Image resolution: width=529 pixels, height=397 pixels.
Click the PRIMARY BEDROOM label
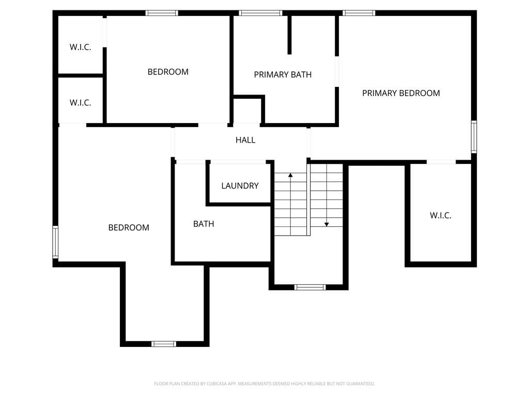(x=401, y=93)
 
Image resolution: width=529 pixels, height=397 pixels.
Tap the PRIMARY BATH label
(x=283, y=74)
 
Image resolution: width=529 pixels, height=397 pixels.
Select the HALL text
(x=245, y=140)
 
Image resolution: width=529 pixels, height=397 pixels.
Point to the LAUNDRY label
(x=240, y=186)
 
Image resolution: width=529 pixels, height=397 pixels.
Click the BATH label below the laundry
(x=204, y=224)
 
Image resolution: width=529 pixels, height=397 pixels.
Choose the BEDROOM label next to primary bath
(x=168, y=72)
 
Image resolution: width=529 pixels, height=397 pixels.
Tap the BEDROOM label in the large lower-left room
(x=129, y=227)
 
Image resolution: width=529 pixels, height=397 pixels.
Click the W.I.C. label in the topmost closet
(x=80, y=47)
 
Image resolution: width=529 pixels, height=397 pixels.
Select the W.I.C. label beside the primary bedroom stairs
(x=441, y=216)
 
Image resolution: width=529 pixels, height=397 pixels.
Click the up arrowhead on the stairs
(x=290, y=175)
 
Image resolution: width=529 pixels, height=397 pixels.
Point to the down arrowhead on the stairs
(x=326, y=224)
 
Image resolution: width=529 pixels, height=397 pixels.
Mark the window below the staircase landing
(x=310, y=287)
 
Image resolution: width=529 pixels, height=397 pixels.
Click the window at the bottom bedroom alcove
(x=164, y=344)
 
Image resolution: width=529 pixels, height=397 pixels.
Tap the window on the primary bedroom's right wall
(x=474, y=136)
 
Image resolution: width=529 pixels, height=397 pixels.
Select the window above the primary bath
(x=260, y=13)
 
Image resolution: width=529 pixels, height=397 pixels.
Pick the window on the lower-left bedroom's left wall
(x=55, y=242)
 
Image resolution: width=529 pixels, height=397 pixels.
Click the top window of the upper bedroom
(x=162, y=13)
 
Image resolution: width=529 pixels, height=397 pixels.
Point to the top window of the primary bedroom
(x=359, y=13)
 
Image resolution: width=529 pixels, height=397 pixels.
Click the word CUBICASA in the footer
(x=216, y=384)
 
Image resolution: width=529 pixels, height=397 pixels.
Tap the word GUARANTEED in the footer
(x=361, y=384)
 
